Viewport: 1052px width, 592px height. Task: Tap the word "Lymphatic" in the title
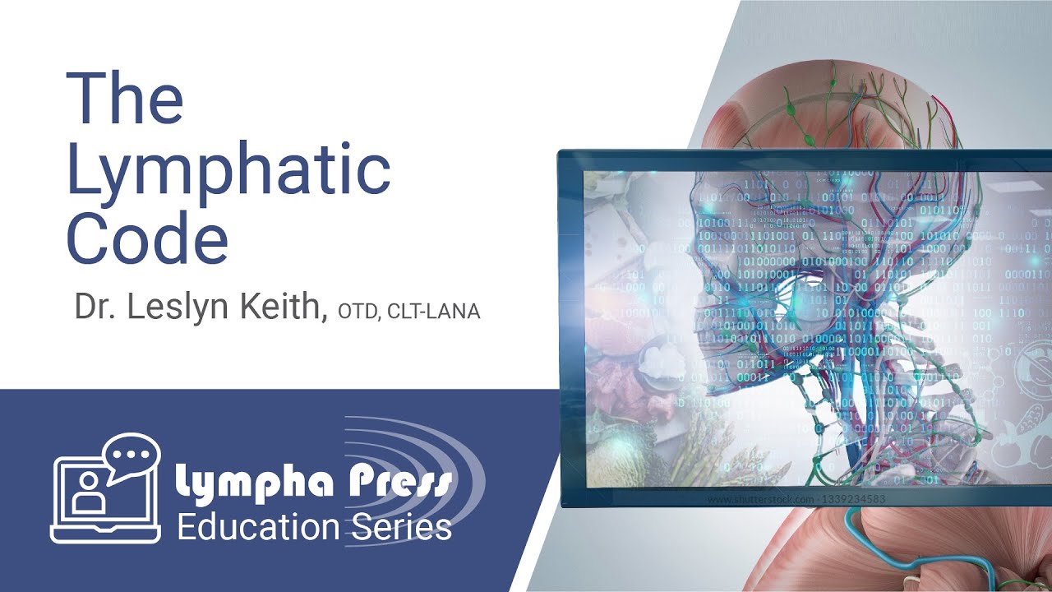(x=228, y=171)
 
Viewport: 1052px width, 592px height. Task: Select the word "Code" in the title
(x=147, y=238)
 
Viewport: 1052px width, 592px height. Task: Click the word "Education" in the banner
(x=258, y=525)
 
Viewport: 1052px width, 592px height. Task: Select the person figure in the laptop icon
(x=85, y=493)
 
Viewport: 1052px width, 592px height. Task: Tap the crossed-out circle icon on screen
(x=1031, y=365)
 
